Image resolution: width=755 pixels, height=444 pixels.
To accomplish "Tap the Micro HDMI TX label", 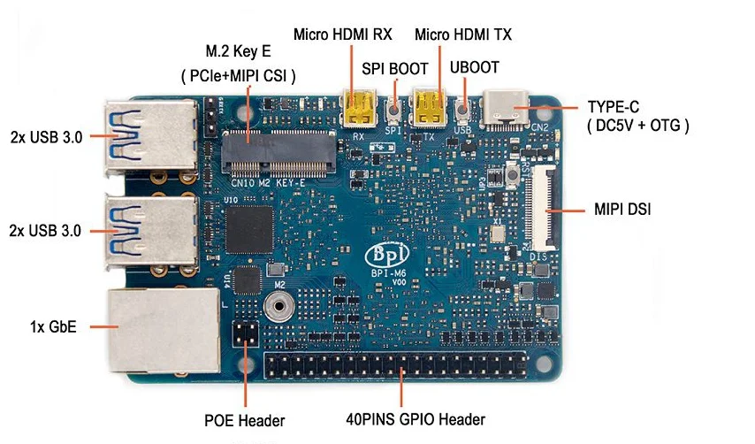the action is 463,34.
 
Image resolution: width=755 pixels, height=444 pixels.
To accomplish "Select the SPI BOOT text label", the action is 395,68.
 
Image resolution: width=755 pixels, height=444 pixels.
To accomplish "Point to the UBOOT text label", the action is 474,67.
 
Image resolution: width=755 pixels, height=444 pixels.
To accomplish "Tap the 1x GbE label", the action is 54,327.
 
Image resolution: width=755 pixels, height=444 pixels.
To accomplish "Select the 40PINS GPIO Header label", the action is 416,420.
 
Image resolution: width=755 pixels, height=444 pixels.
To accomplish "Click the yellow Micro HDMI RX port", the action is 358,109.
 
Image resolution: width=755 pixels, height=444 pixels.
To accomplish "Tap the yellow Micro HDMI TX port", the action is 430,109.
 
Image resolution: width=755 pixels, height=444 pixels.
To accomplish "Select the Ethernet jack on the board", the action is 164,330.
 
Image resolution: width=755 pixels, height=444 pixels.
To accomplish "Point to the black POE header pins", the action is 244,335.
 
